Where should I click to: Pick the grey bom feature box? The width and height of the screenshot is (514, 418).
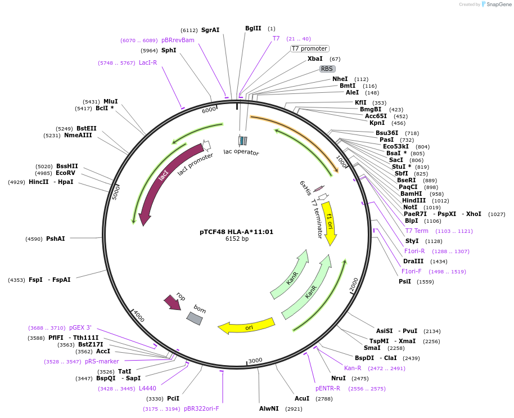tap(195, 318)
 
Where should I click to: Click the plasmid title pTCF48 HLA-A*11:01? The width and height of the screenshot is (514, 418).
tap(236, 231)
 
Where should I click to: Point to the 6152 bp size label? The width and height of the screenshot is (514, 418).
tap(236, 239)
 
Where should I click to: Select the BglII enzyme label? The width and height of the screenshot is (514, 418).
tap(253, 28)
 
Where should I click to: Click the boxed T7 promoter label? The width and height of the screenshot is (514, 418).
tap(309, 49)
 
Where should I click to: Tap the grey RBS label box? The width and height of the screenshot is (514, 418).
tap(327, 69)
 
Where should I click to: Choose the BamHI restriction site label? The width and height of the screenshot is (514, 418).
tap(411, 194)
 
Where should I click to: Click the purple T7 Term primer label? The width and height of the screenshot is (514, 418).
tap(417, 231)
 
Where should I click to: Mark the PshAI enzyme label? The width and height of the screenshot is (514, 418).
tap(55, 239)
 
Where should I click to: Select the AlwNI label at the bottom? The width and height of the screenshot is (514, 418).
tap(269, 408)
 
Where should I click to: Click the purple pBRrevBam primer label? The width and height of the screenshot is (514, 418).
tap(178, 40)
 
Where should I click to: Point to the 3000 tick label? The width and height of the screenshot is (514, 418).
tap(255, 360)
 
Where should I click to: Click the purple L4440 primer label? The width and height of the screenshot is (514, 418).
tap(147, 388)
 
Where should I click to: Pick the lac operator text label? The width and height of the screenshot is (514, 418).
tap(241, 152)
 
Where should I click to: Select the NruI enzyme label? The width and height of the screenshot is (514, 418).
tap(338, 378)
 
